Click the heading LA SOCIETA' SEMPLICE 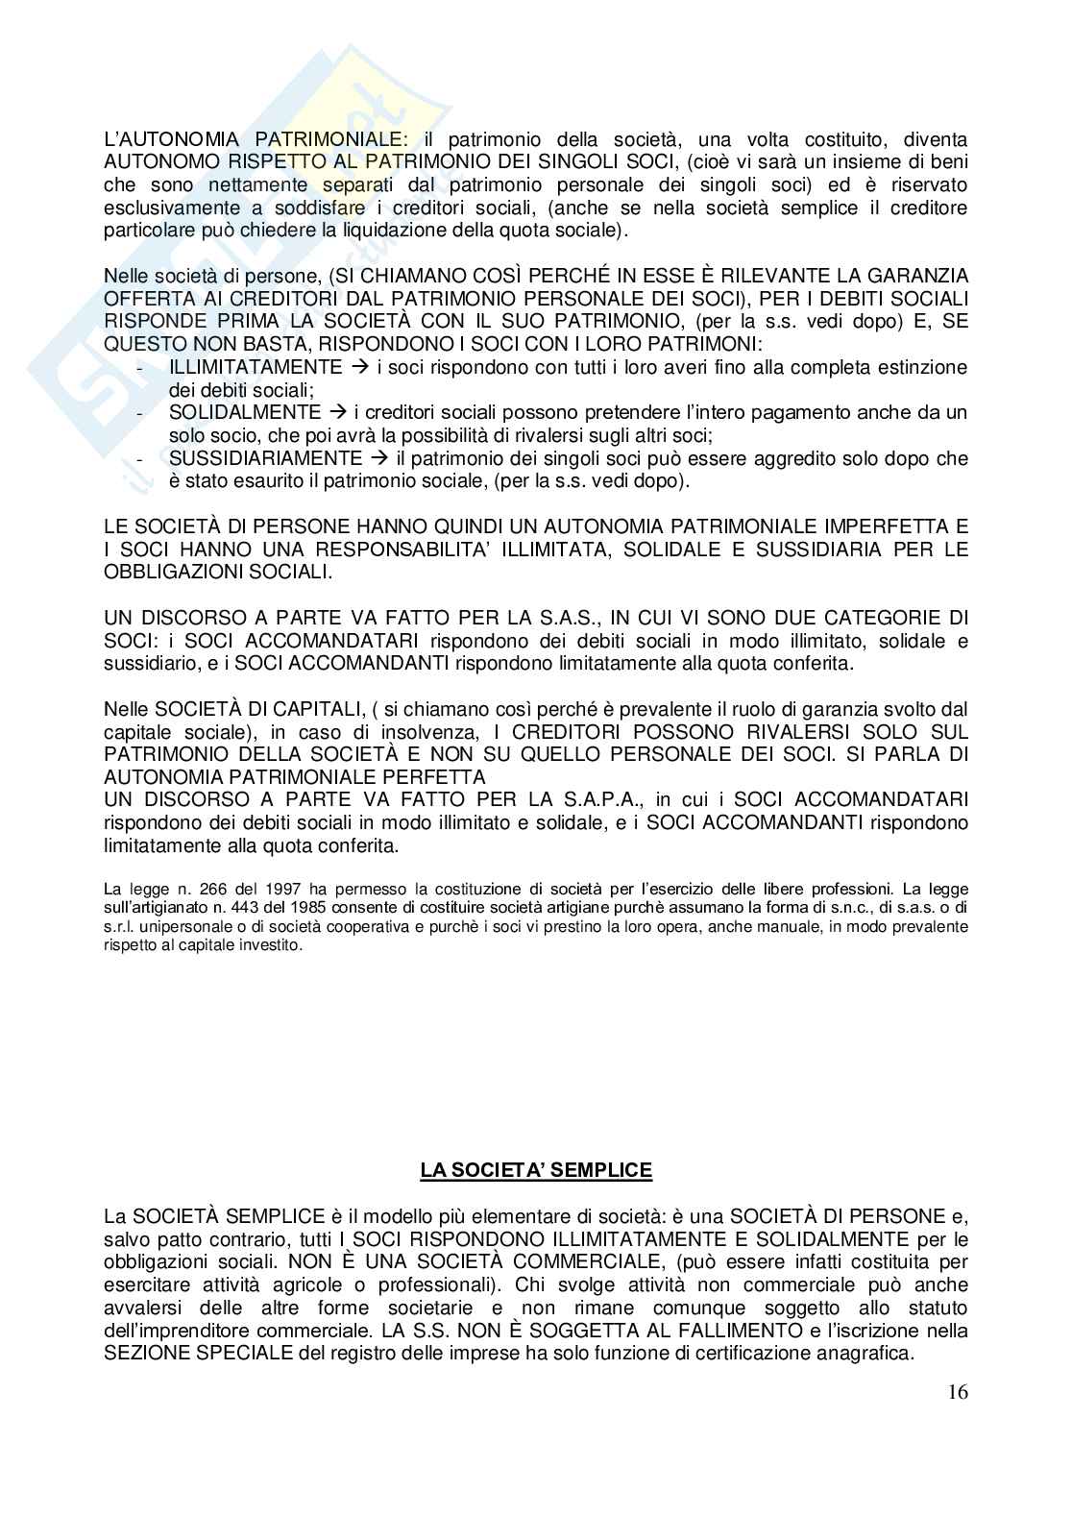536,1170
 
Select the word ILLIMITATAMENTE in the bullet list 255,367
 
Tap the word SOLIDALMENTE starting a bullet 244,412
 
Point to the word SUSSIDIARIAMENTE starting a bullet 266,458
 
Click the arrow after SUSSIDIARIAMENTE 380,458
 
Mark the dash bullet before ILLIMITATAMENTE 142,368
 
